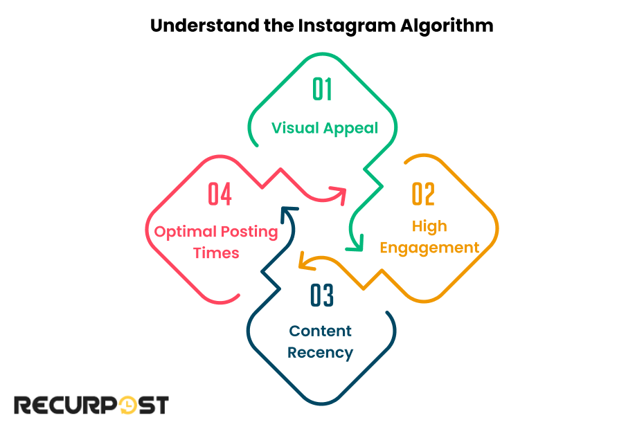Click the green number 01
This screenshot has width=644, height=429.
tap(322, 90)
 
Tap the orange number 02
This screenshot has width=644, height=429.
tap(423, 194)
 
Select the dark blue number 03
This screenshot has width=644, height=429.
tap(322, 295)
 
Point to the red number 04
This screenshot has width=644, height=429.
tap(220, 194)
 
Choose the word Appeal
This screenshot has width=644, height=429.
tap(352, 128)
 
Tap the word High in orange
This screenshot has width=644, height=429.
tap(429, 226)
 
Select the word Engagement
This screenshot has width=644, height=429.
tap(429, 248)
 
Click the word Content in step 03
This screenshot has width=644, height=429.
tap(321, 331)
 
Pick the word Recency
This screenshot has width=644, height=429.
tap(321, 352)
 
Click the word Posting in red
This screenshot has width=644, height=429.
tap(249, 231)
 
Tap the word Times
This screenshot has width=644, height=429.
tap(216, 253)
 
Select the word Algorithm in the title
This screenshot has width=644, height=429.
tap(447, 26)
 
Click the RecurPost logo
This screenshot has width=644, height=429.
tap(91, 405)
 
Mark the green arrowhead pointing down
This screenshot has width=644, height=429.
tap(357, 244)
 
